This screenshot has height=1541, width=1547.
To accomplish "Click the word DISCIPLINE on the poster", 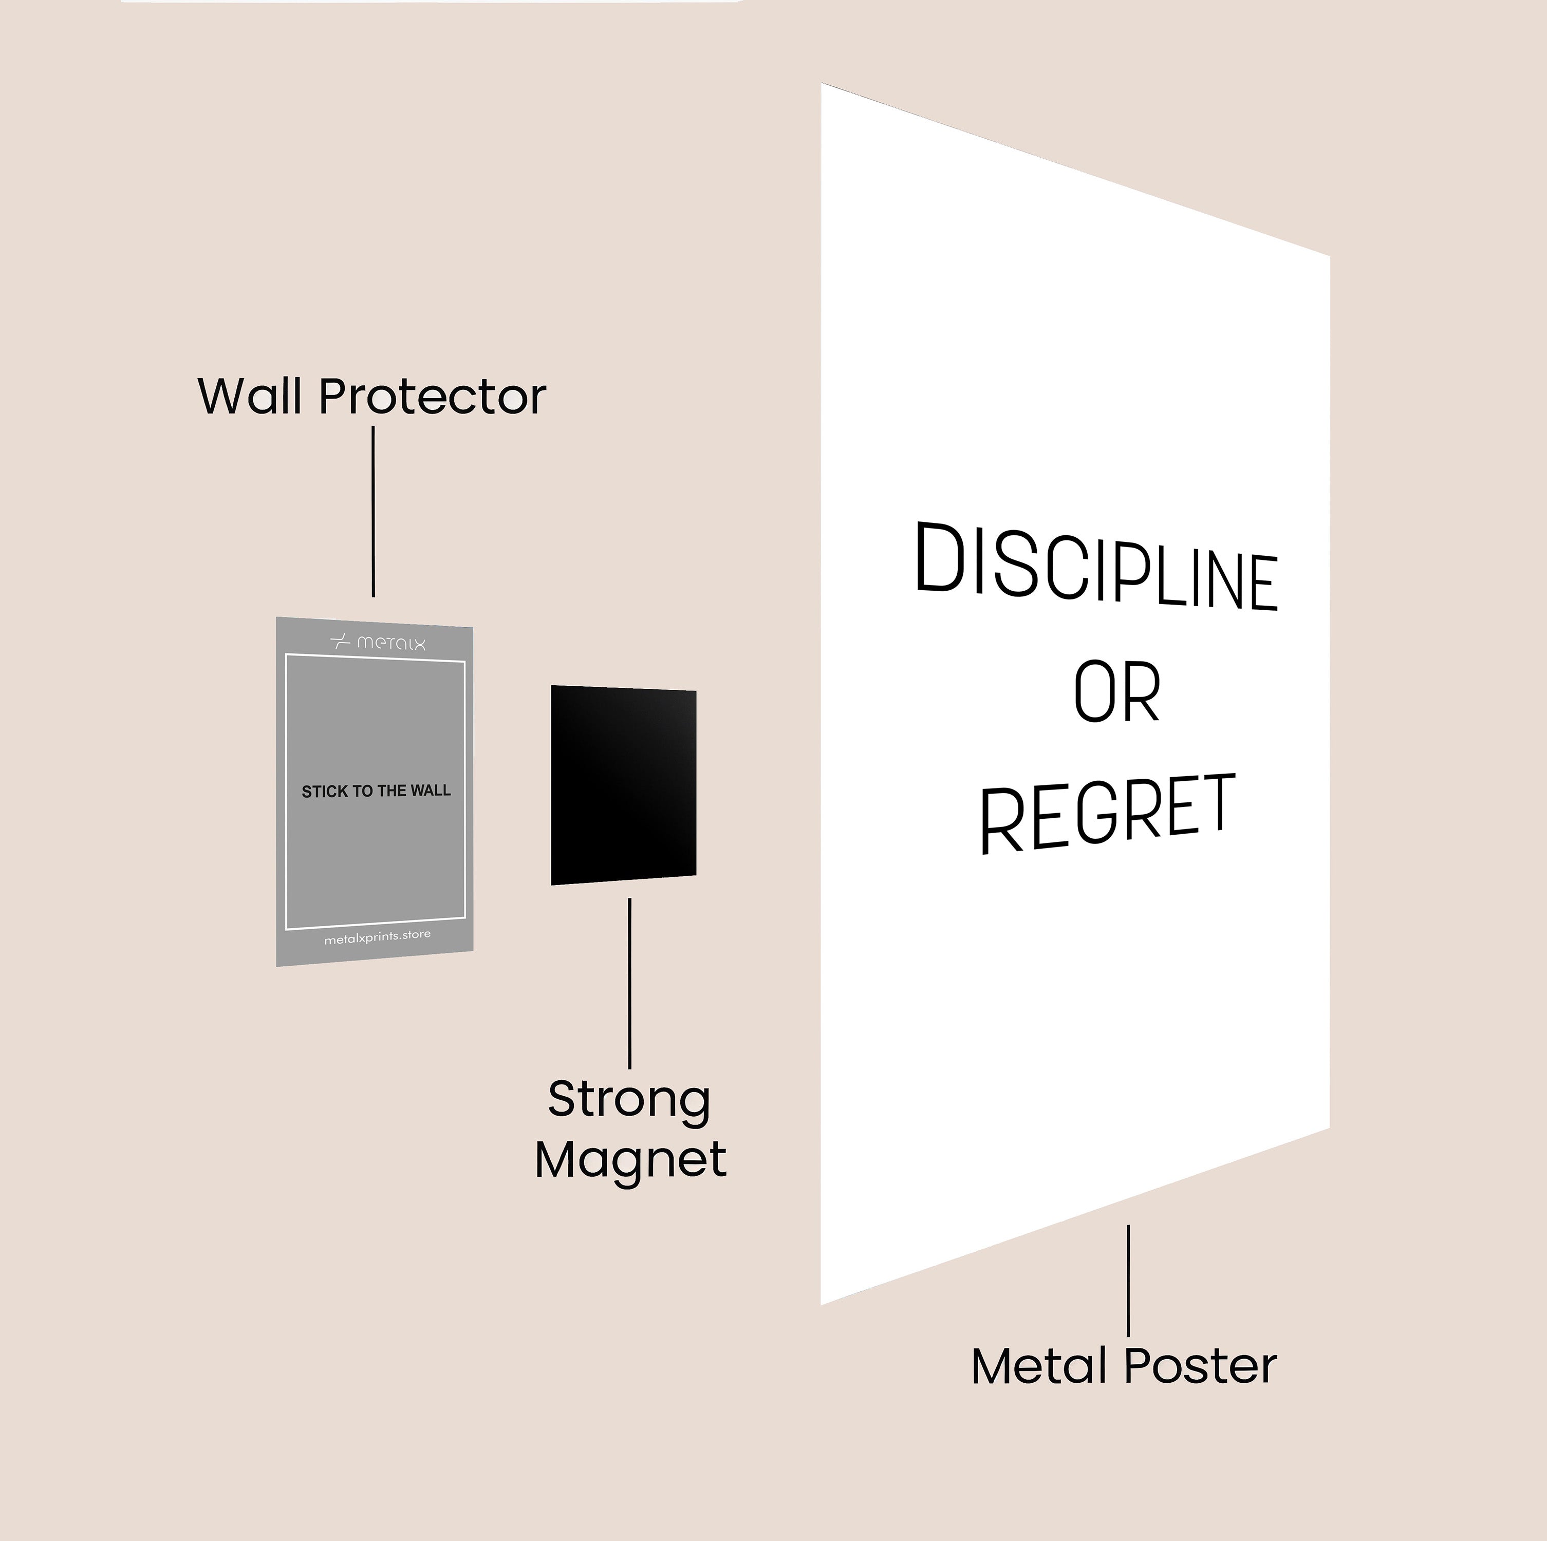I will tap(1095, 568).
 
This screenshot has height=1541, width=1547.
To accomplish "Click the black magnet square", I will tap(623, 784).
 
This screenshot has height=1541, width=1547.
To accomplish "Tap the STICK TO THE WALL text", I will tap(376, 792).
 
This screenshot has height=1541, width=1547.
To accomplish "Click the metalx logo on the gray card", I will tap(378, 642).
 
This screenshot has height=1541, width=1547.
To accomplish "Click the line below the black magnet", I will tap(629, 983).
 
